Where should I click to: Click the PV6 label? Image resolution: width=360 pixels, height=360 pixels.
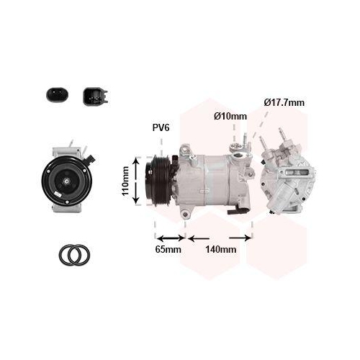161,127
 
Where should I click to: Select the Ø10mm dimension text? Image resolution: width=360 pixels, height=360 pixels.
230,117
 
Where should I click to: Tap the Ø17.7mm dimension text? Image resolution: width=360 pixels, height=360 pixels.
284,103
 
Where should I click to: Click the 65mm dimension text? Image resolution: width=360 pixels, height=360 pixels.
168,250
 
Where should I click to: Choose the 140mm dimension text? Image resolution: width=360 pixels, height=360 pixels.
221,250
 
